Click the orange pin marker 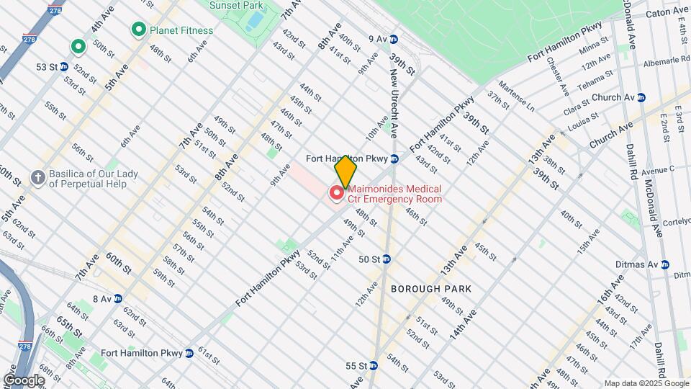point(346,171)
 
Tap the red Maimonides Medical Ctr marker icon point(336,192)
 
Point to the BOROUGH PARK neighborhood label point(431,288)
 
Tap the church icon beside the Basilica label point(37,176)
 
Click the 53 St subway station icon point(63,66)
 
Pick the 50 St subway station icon point(386,259)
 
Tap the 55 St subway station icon point(373,366)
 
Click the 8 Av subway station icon point(117,298)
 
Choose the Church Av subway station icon point(641,97)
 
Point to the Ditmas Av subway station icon point(664,264)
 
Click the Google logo point(24,380)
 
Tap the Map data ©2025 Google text point(646,383)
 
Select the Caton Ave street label point(667,13)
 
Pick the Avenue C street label point(658,170)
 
